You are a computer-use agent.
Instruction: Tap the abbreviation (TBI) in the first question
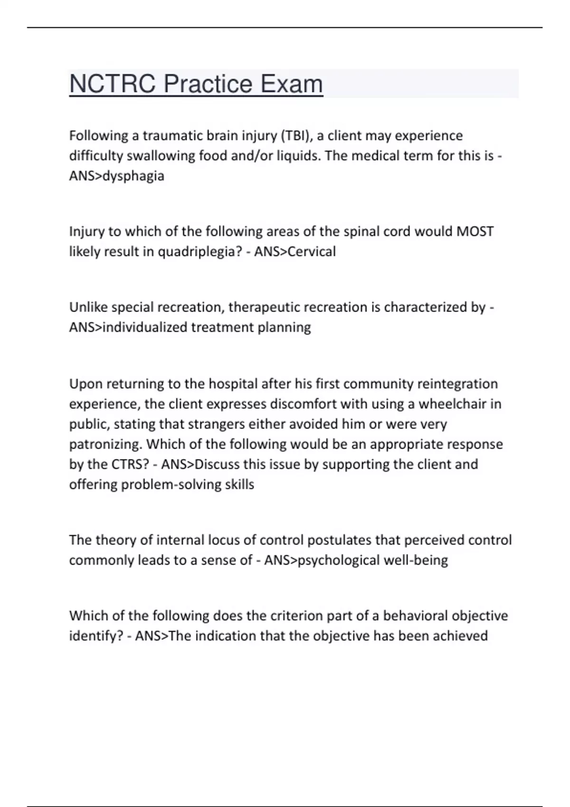pyautogui.click(x=296, y=136)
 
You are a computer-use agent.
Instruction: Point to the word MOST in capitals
pyautogui.click(x=475, y=232)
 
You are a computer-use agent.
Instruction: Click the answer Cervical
pyautogui.click(x=312, y=252)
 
